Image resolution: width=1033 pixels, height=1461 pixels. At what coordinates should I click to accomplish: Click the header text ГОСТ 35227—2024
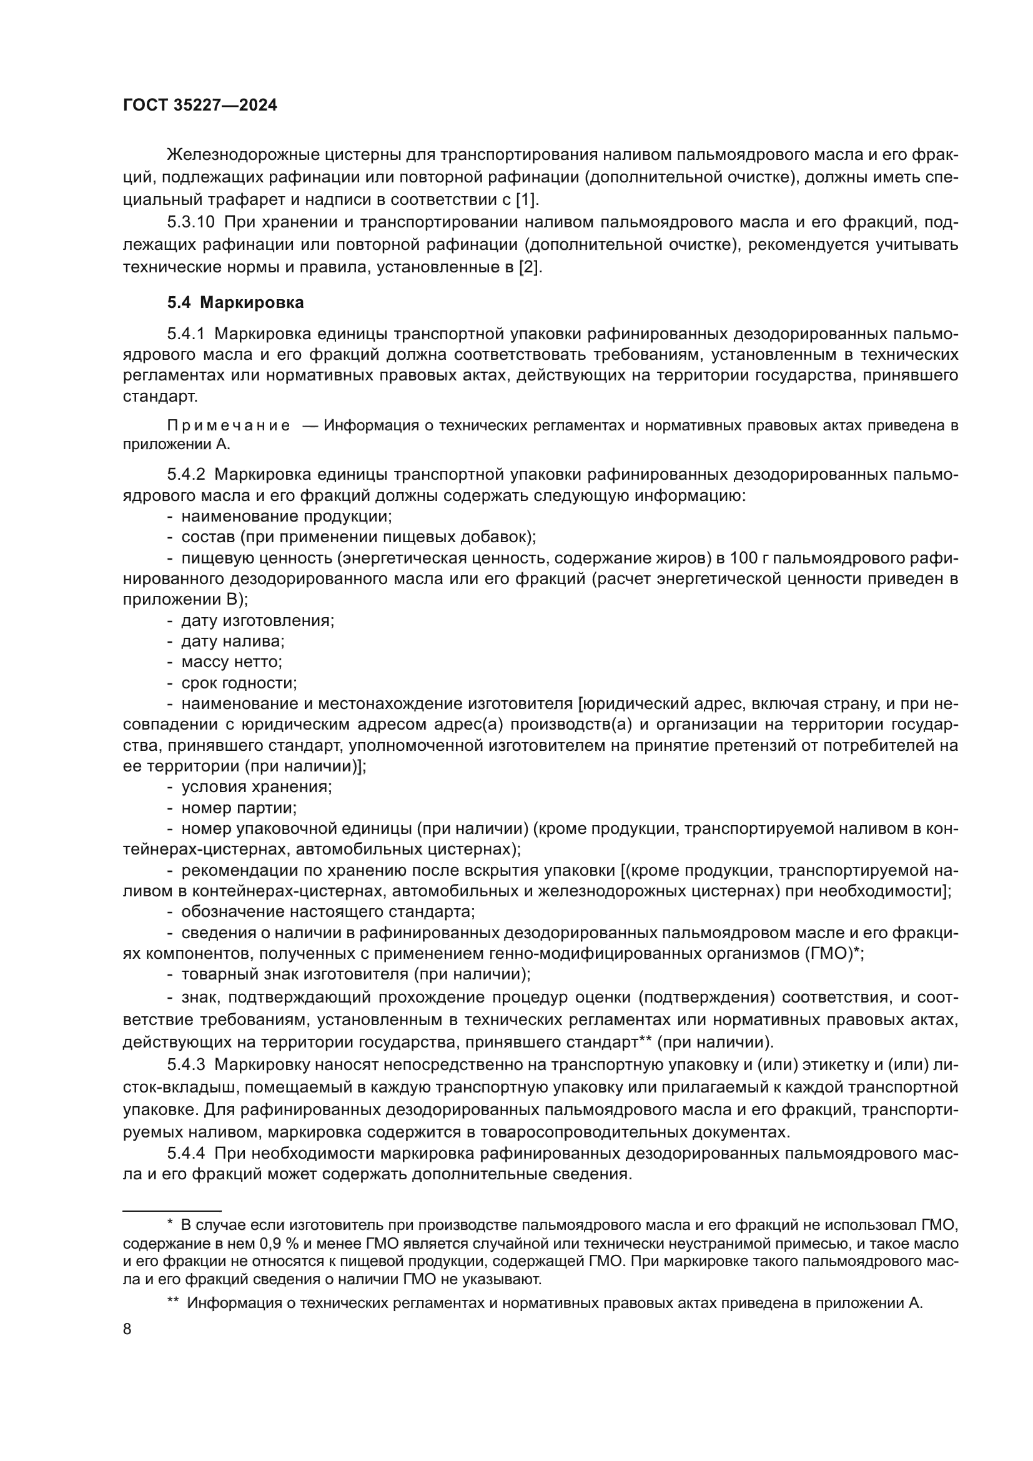tap(200, 106)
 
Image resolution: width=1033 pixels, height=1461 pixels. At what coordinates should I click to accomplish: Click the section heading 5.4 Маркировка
tap(235, 303)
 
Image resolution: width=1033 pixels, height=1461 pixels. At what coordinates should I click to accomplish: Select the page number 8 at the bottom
tap(127, 1329)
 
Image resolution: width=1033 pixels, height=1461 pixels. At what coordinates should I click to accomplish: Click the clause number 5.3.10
tap(191, 223)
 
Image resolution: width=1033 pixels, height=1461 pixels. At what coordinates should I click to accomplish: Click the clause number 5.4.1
tap(186, 334)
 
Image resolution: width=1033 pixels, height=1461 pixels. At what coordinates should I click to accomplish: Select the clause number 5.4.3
tap(186, 1064)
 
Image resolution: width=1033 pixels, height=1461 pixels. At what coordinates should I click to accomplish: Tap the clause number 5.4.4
tap(186, 1154)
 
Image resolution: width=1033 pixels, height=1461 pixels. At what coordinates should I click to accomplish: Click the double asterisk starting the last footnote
tap(172, 1302)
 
